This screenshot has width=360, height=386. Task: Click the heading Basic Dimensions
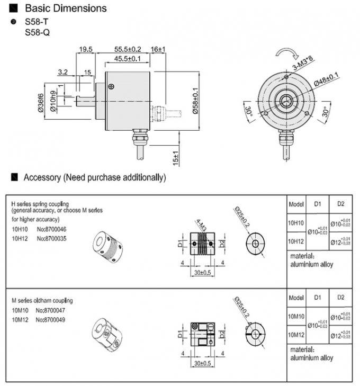(65, 8)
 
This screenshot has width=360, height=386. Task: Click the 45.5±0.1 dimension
(128, 59)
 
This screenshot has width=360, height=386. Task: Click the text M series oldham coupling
(42, 301)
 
